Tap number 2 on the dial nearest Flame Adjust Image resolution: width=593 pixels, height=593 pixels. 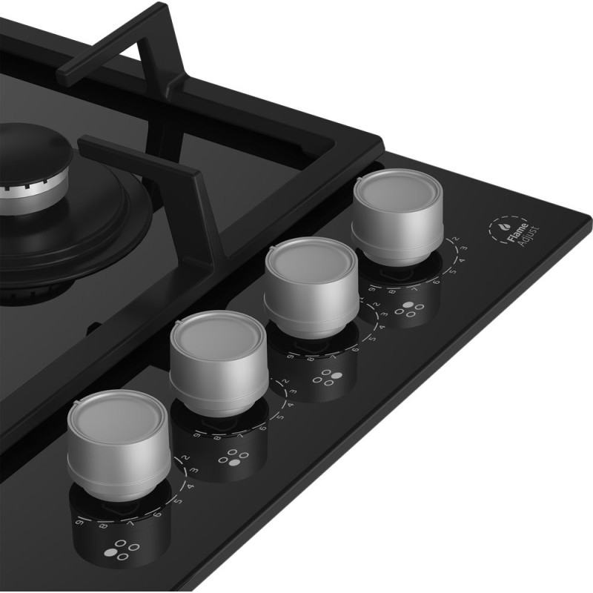click(x=456, y=239)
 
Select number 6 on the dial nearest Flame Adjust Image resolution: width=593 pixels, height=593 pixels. click(x=437, y=279)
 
